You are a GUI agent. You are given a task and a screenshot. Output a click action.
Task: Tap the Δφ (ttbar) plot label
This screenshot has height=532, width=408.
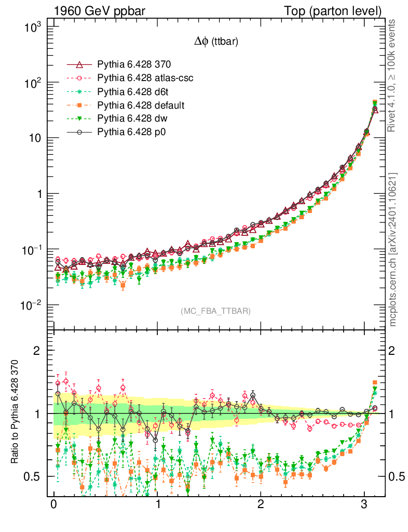(x=216, y=43)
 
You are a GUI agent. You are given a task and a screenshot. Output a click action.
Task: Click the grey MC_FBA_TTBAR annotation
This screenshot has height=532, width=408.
(x=216, y=311)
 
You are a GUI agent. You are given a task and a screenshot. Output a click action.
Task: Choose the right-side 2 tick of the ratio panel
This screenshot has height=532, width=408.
(x=393, y=350)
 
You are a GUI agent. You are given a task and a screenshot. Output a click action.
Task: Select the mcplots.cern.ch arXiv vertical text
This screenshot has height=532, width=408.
(x=393, y=249)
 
